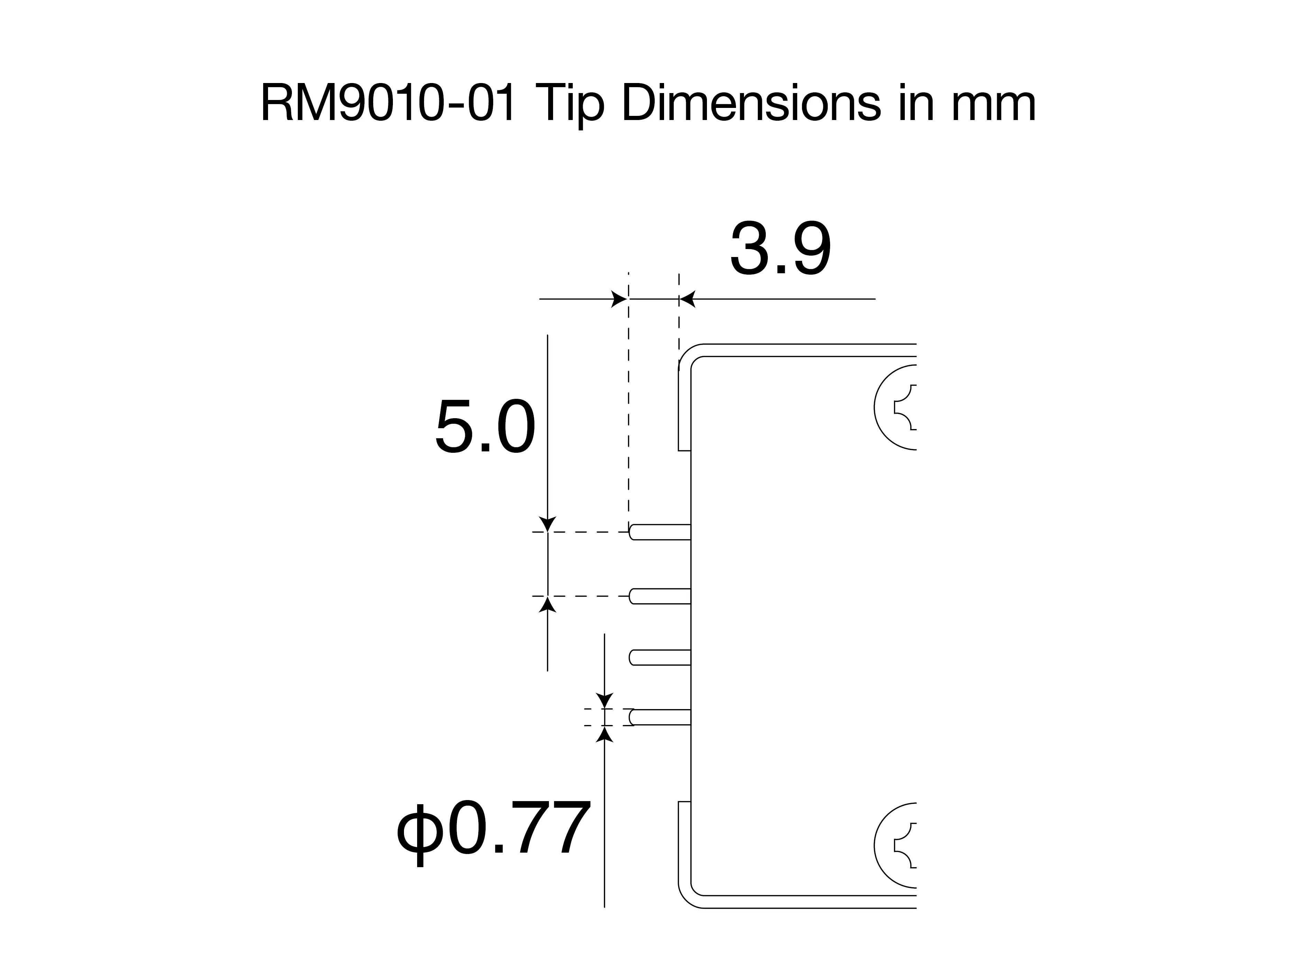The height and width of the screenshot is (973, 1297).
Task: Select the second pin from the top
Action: tap(660, 596)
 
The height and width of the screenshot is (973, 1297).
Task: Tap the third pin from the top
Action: tap(660, 658)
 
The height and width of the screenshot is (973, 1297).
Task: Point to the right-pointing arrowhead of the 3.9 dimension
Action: tap(619, 299)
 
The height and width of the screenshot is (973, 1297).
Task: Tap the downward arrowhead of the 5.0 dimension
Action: tap(548, 524)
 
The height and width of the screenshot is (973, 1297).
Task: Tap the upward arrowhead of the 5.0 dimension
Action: tap(548, 604)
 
